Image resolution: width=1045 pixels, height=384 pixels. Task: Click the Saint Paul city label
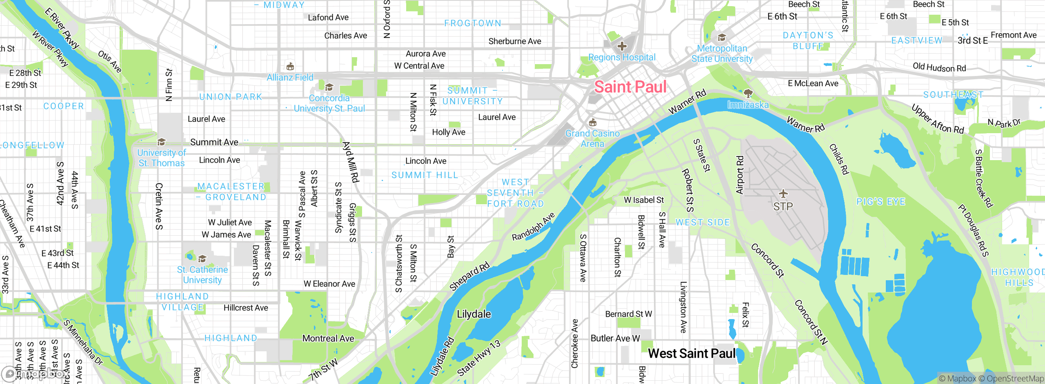[630, 87]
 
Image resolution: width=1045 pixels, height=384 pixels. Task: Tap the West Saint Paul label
[691, 353]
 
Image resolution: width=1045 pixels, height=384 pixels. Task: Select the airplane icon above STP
[783, 193]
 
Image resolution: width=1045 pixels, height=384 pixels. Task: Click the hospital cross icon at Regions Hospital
[622, 46]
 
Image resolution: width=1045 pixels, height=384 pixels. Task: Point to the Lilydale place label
[474, 314]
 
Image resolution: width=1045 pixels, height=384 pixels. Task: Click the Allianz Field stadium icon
[290, 66]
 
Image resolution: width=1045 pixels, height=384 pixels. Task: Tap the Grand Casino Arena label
[592, 138]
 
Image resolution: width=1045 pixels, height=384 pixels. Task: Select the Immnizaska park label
[748, 105]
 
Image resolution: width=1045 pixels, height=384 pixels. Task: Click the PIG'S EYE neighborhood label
[881, 202]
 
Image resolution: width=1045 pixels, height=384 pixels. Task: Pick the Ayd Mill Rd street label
[351, 162]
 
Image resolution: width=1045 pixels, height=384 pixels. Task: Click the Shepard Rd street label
[469, 277]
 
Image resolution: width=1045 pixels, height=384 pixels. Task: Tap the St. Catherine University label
[202, 275]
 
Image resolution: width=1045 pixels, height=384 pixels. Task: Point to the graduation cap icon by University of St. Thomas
[162, 142]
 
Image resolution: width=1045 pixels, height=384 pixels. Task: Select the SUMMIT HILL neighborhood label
[425, 175]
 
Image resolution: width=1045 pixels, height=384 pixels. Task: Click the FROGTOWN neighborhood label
[473, 23]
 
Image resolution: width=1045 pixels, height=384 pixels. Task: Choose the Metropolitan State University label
[722, 54]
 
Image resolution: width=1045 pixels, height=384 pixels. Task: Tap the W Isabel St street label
[644, 200]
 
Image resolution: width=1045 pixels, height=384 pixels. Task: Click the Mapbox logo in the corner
[35, 374]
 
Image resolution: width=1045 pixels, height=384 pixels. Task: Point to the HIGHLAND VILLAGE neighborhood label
[182, 301]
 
